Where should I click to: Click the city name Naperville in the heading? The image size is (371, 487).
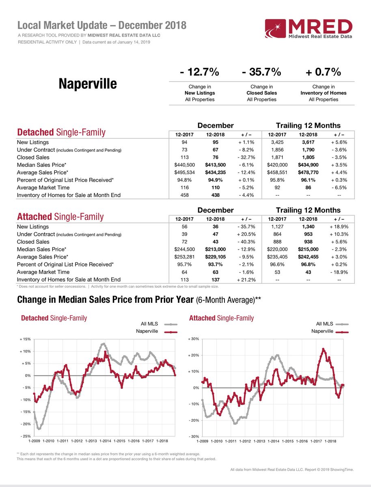87,84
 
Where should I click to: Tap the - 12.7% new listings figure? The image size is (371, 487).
199,72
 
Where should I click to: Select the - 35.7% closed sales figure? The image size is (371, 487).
261,72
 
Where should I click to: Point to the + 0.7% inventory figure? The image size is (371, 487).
324,72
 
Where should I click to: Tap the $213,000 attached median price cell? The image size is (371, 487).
214,249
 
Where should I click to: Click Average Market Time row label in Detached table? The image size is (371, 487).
43,187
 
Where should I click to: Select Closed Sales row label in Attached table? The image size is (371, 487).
33,242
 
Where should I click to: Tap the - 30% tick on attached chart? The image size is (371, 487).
192,437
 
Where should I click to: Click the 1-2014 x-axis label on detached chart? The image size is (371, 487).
105,441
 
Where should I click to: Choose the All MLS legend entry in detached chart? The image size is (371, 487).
150,324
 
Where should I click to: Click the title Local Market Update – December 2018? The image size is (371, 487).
102,26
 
